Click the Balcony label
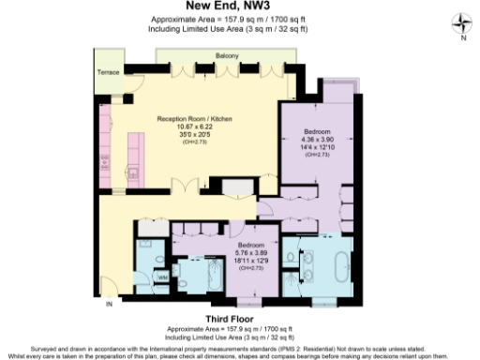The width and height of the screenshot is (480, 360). pyautogui.click(x=227, y=56)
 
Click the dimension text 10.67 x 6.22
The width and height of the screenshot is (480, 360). pyautogui.click(x=194, y=127)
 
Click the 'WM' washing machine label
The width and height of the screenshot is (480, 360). pyautogui.click(x=161, y=277)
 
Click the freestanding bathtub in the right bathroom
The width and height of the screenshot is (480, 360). pyautogui.click(x=335, y=265)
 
